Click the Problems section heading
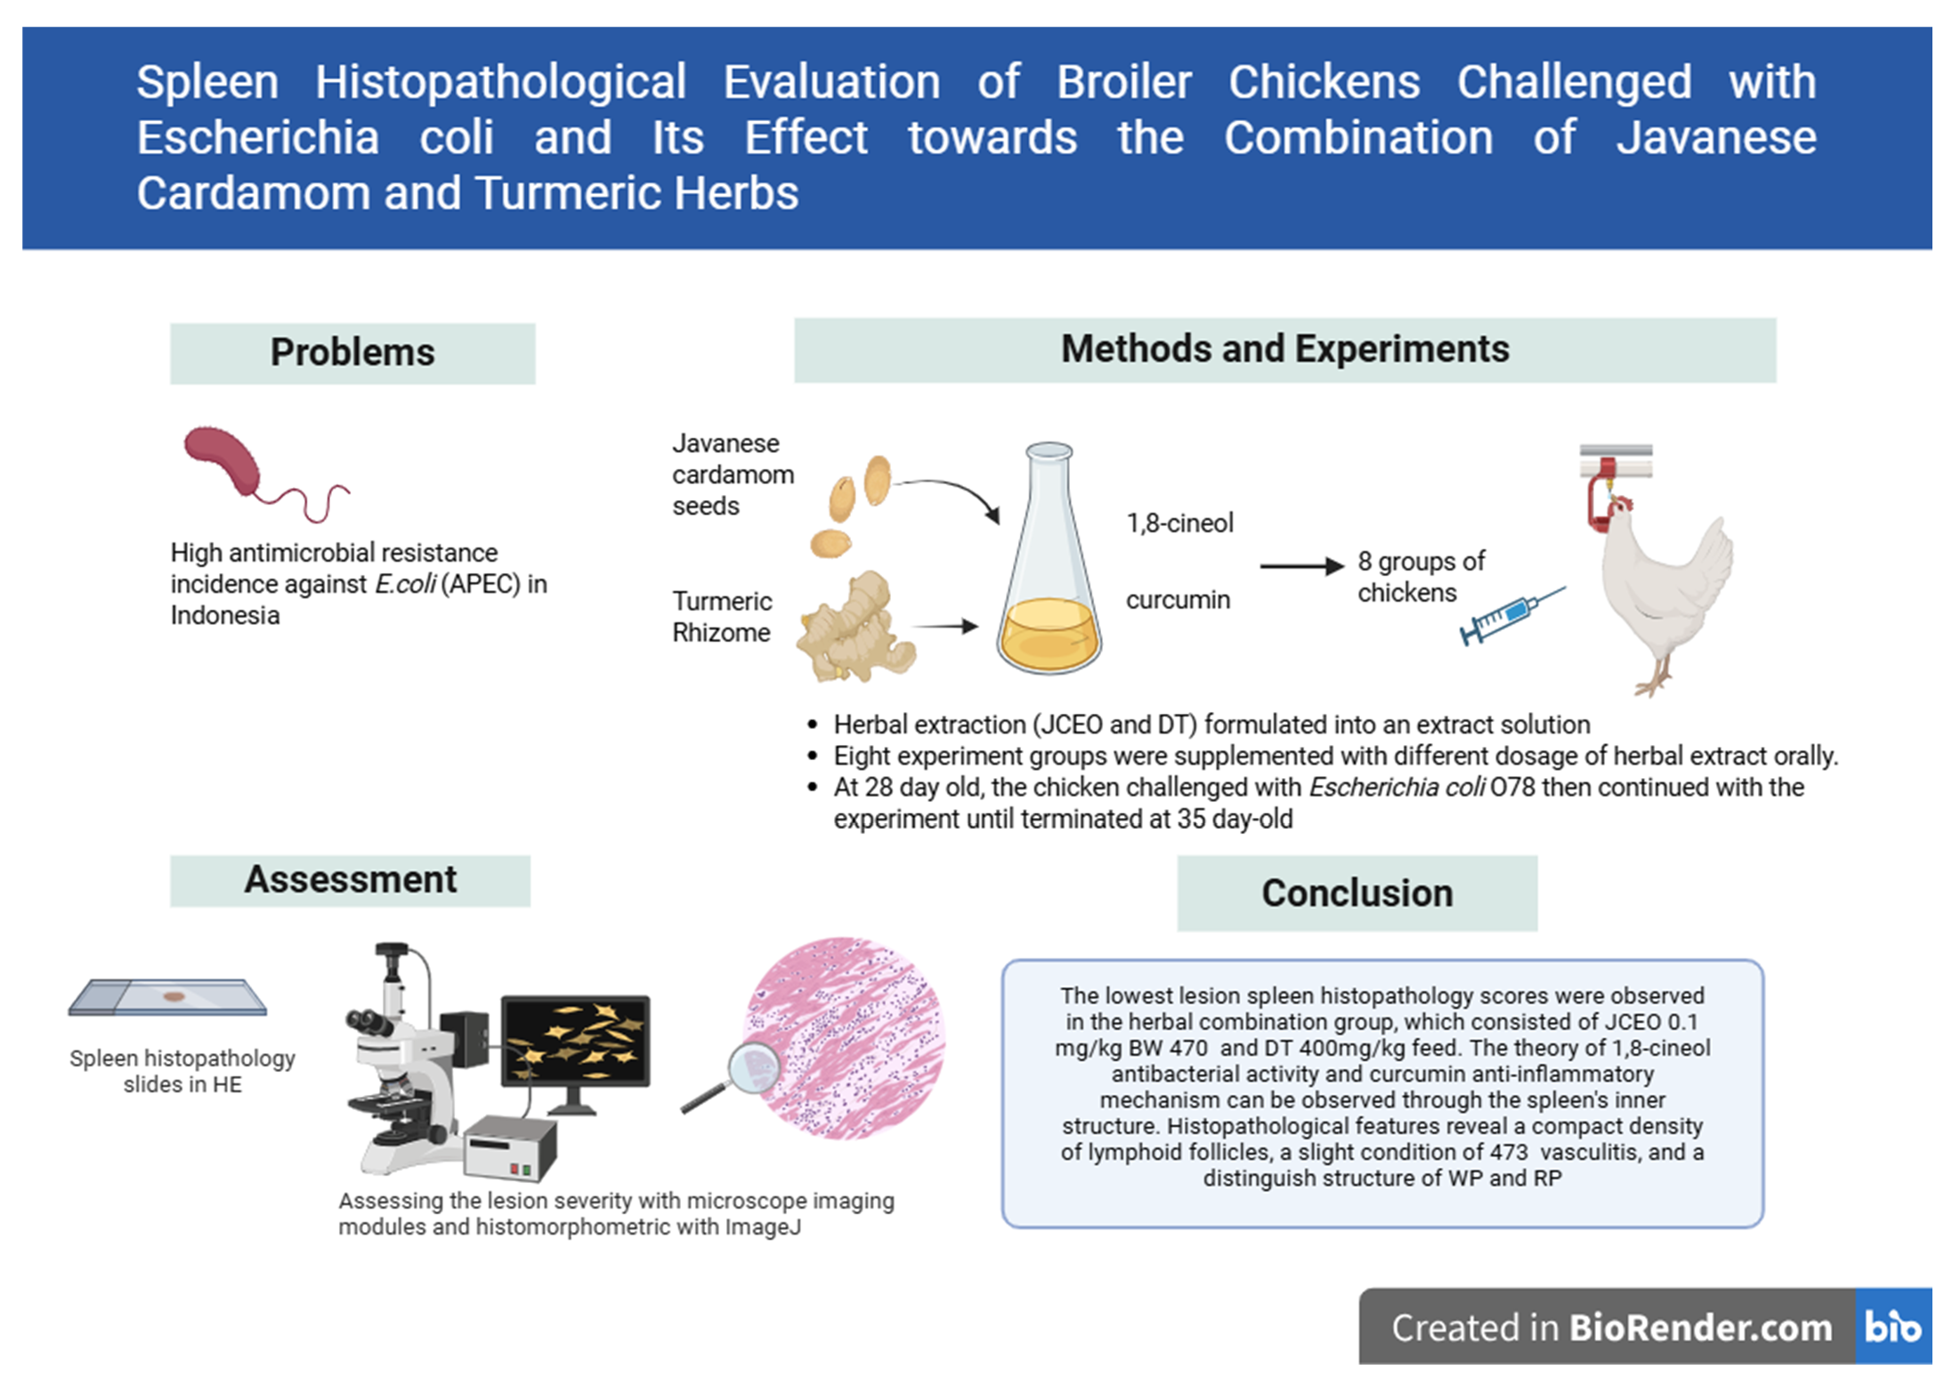(352, 353)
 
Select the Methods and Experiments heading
(1284, 350)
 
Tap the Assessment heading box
(350, 880)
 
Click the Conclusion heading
(1357, 893)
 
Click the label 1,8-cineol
(1179, 523)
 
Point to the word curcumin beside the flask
(1178, 600)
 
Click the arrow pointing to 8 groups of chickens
(1300, 565)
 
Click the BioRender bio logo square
(1893, 1326)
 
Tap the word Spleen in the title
(207, 82)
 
